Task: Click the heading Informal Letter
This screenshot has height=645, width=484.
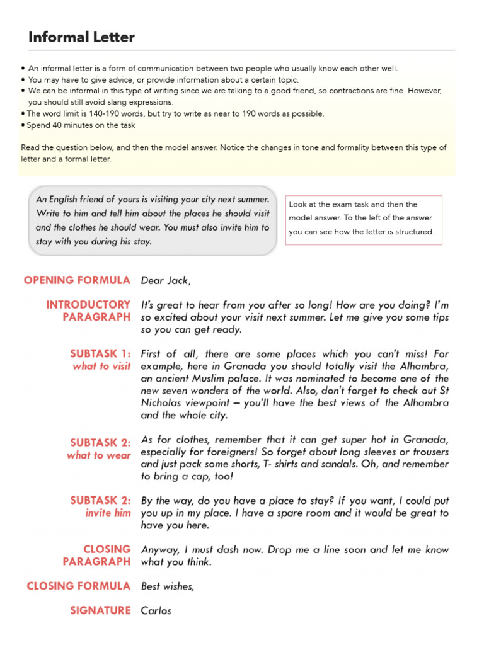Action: (x=81, y=37)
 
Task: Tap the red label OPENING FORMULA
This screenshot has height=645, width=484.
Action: (x=77, y=280)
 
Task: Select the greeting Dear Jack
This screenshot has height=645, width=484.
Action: (x=166, y=280)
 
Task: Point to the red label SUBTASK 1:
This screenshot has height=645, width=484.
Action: (x=100, y=354)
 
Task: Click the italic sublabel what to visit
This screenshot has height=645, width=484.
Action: (x=101, y=366)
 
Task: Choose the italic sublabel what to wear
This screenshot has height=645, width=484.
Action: (x=99, y=455)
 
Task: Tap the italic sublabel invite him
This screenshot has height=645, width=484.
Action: (x=108, y=513)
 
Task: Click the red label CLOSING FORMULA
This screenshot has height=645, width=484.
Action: (x=79, y=586)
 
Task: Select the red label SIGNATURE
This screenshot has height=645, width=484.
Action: (x=100, y=610)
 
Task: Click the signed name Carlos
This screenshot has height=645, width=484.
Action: (x=156, y=610)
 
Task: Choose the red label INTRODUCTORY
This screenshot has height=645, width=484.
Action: (x=88, y=305)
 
